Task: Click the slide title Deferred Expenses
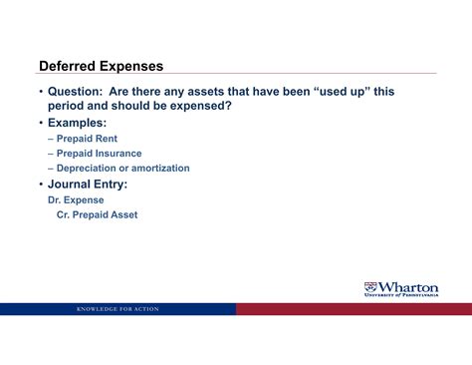[x=101, y=66]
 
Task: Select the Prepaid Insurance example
[x=99, y=154]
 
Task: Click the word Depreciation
[x=90, y=169]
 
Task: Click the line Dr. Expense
[x=77, y=199]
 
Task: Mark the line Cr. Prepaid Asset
[x=97, y=214]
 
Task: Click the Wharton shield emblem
[x=371, y=287]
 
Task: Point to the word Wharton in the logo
[x=409, y=287]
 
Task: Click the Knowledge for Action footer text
[x=118, y=309]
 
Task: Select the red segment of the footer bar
[x=354, y=309]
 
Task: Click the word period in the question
[x=71, y=106]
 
